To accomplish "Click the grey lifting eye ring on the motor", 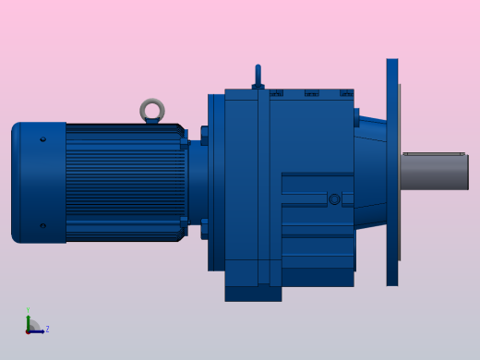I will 152,110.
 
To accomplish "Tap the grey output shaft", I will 435,173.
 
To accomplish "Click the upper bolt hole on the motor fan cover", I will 42,139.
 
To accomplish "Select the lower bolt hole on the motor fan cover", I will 42,225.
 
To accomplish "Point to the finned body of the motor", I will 125,183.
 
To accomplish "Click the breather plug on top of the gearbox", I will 258,77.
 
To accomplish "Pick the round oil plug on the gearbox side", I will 334,198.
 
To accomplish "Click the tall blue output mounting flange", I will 392,172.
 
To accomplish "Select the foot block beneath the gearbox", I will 253,293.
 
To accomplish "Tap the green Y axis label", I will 28,311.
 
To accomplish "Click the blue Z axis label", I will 47,329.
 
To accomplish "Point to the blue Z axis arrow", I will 39,330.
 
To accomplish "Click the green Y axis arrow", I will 29,321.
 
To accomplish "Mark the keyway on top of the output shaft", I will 433,154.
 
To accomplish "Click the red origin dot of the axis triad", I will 29,330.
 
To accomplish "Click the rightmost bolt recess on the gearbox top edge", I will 345,93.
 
